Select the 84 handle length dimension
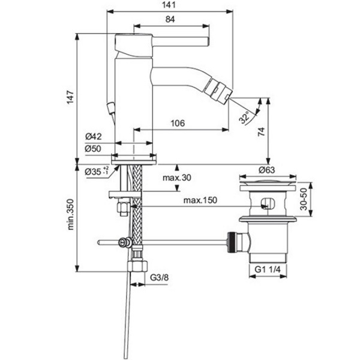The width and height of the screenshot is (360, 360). [x=170, y=19]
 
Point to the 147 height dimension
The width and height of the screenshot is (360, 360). [x=70, y=97]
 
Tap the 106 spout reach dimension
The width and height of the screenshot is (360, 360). [x=178, y=123]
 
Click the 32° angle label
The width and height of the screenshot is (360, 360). [x=244, y=118]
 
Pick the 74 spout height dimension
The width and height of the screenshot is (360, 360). [x=261, y=132]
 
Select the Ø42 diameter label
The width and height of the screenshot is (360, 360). [x=93, y=137]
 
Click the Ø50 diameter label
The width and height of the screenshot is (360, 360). [x=93, y=149]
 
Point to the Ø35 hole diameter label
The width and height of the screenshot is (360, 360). [x=97, y=171]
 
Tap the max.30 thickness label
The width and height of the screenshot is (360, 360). [x=177, y=178]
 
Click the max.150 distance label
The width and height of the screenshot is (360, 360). [x=200, y=200]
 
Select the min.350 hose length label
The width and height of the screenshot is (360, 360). [x=71, y=214]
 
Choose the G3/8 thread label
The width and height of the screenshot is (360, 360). [x=159, y=277]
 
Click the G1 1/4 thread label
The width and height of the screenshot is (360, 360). [x=268, y=269]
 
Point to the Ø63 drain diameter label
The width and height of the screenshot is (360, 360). [x=266, y=170]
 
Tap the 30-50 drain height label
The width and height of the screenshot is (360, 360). [x=304, y=199]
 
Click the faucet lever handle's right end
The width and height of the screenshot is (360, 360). [x=208, y=41]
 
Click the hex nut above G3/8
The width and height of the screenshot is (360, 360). [x=137, y=266]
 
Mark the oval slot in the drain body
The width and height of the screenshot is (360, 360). [x=268, y=203]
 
